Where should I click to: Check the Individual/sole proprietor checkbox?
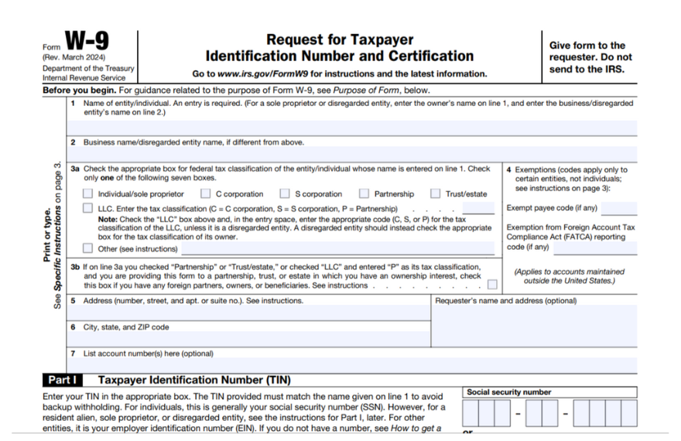coord(87,194)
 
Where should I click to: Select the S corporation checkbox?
coord(285,194)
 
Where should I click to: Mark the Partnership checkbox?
coord(364,194)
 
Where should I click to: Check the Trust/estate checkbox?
coord(436,194)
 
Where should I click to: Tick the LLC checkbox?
coord(87,209)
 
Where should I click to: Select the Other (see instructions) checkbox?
coord(87,249)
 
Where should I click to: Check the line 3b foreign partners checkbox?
coord(493,285)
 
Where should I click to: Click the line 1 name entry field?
coord(352,128)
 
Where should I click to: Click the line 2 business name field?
coord(352,154)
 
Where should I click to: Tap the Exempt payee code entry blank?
coord(619,209)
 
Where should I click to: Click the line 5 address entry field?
coord(248,313)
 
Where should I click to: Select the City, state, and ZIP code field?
coord(248,340)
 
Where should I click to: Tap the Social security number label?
coord(508,392)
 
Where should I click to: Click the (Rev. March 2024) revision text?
coord(74,58)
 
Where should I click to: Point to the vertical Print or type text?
coord(47,236)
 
